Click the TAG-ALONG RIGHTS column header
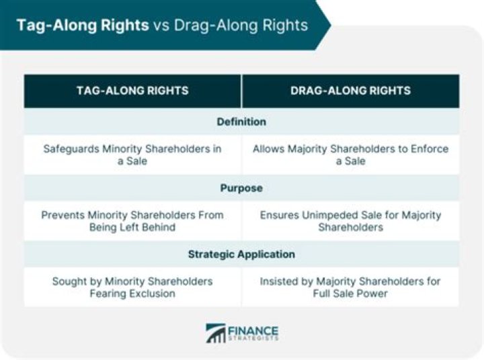132,91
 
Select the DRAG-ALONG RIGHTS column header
351,91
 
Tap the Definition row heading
241,122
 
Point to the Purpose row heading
241,188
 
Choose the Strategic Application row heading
241,255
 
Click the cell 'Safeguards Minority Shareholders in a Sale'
132,154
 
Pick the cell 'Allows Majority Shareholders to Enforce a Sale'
351,154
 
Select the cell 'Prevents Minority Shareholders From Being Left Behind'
132,221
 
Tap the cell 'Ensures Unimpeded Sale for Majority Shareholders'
351,221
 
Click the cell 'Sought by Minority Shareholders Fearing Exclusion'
132,287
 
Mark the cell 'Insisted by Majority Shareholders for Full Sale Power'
351,287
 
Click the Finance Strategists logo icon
216,334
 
